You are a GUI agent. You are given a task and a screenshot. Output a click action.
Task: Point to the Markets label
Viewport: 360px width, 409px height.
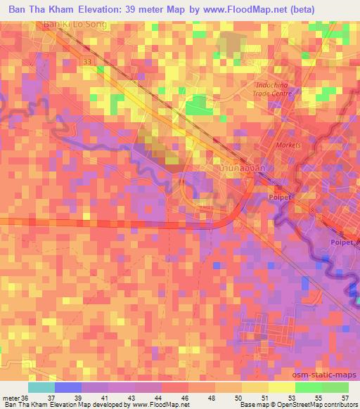(x=288, y=145)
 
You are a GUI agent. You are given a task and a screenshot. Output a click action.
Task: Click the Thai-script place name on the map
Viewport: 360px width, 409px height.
(x=241, y=171)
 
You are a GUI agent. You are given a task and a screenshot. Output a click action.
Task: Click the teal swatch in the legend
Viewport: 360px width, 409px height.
(x=41, y=387)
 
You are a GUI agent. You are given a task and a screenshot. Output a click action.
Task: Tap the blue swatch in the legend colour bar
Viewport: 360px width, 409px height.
(x=68, y=387)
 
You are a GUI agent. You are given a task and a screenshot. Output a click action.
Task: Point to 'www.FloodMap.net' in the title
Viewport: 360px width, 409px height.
(x=226, y=8)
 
